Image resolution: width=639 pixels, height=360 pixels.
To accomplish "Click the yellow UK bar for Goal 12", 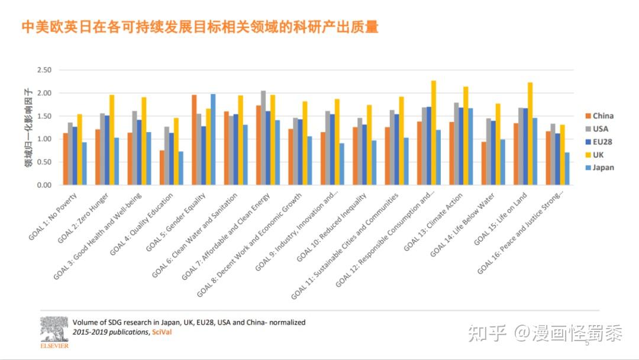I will pyautogui.click(x=434, y=133).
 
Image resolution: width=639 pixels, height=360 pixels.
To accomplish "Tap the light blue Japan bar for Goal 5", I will pyautogui.click(x=213, y=139).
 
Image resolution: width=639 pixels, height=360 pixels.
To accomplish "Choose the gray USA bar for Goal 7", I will pyautogui.click(x=263, y=137).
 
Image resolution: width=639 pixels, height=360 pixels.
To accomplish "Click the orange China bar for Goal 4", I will pyautogui.click(x=162, y=168).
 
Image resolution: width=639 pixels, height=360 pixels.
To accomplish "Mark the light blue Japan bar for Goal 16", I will pyautogui.click(x=567, y=169).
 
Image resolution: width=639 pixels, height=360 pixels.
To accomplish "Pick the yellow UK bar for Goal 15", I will pyautogui.click(x=530, y=134).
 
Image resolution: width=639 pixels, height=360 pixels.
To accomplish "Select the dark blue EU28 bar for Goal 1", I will pyautogui.click(x=75, y=156).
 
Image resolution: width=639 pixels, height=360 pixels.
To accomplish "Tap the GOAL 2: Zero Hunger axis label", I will pyautogui.click(x=86, y=218).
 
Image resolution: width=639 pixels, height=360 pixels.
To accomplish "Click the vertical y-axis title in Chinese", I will pyautogui.click(x=28, y=127).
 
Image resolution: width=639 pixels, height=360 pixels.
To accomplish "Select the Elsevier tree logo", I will pyautogui.click(x=54, y=330).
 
